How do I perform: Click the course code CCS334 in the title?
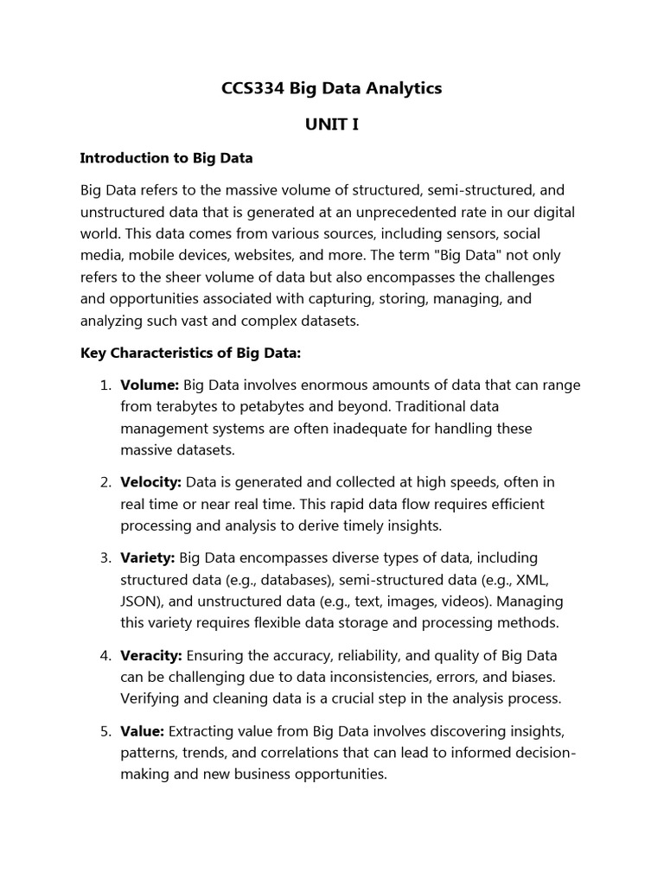pos(252,89)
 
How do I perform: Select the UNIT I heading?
pos(331,124)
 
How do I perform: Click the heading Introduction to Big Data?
pos(166,158)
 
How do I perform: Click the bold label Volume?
pos(150,385)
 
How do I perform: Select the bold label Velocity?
pos(150,482)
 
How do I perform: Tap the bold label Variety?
pos(148,558)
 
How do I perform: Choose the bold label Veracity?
pos(150,655)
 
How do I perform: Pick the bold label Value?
pos(142,731)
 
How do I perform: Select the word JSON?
pos(140,602)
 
